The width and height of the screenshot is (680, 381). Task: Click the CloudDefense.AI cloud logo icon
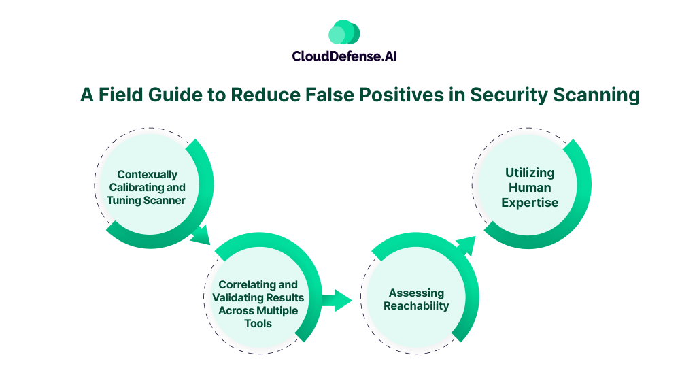point(344,32)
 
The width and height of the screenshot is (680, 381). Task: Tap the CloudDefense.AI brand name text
point(344,56)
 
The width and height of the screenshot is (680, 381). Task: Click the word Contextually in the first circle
point(146,174)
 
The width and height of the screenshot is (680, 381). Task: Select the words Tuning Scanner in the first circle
point(146,200)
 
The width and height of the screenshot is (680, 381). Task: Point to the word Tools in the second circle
point(258,323)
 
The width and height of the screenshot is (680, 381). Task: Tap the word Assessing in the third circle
point(416,293)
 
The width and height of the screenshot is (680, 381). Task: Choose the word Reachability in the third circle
point(416,306)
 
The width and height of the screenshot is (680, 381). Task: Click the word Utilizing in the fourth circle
point(529,173)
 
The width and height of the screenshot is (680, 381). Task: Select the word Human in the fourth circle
point(529,187)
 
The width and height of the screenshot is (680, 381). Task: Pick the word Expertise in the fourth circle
point(529,202)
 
